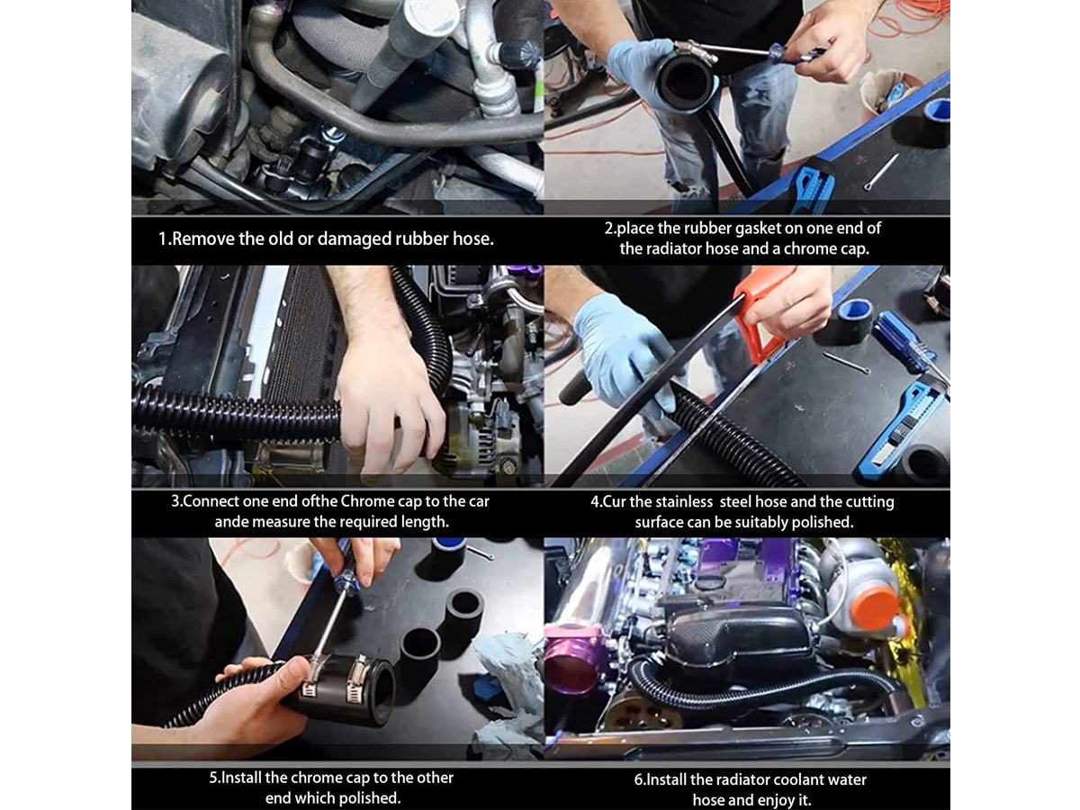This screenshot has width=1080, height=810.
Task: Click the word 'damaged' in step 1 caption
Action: (354, 239)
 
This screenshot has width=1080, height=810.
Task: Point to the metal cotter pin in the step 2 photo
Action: (881, 172)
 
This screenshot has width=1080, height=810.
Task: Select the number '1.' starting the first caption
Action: (165, 239)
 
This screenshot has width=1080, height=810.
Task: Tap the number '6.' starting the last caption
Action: (639, 779)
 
